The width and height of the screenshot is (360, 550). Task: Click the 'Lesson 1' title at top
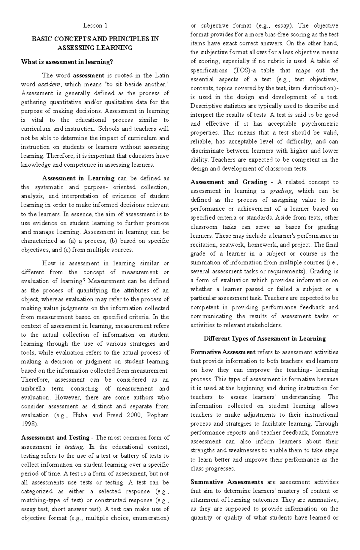(x=95, y=25)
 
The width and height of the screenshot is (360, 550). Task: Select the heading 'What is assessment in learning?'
(x=67, y=62)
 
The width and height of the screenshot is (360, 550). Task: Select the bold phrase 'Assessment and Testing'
(x=55, y=438)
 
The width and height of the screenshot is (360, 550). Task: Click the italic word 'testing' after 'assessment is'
(x=74, y=447)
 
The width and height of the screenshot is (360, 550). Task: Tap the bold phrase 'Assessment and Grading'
(x=229, y=182)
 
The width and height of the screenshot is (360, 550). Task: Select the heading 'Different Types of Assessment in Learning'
(x=265, y=339)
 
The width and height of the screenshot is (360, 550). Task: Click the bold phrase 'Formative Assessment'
(x=223, y=352)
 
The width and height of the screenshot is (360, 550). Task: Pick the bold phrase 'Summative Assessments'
(x=227, y=482)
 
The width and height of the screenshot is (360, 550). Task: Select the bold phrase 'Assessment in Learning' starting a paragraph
(x=78, y=178)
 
